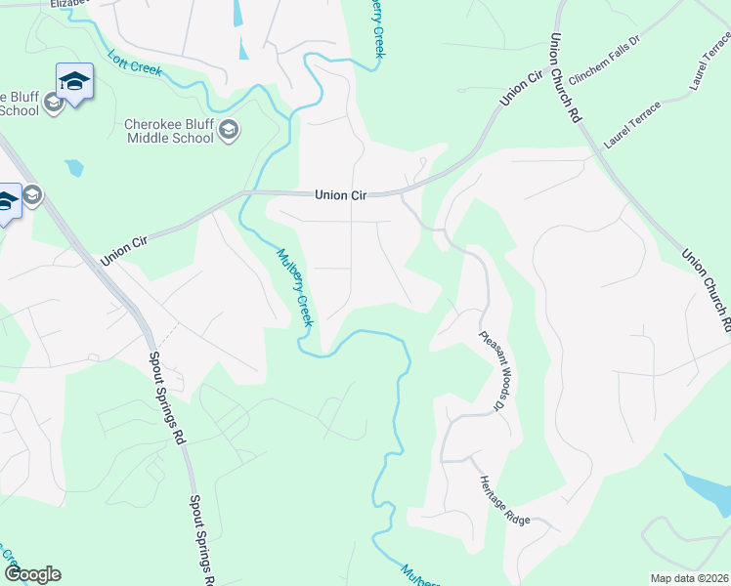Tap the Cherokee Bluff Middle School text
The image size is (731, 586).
(169, 131)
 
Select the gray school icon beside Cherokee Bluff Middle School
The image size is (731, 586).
(229, 130)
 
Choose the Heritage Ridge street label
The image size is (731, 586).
(504, 501)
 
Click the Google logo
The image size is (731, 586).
(32, 574)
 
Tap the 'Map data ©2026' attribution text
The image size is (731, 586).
(689, 578)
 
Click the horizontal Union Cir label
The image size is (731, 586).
(340, 195)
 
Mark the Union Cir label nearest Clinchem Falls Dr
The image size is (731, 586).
(521, 88)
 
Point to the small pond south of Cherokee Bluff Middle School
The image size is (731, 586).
(73, 168)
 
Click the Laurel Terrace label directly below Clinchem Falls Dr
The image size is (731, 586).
(632, 123)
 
